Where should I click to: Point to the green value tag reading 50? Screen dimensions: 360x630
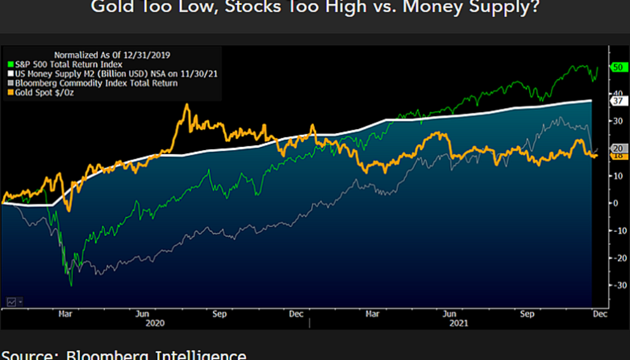click(618, 68)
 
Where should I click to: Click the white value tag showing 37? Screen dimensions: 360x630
click(618, 101)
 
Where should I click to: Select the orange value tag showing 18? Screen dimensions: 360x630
click(618, 155)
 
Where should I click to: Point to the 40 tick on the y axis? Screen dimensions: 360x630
click(616, 94)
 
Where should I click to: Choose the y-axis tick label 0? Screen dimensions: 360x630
click(615, 203)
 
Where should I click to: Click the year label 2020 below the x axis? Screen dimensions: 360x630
click(156, 323)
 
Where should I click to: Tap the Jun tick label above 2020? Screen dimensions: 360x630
click(143, 313)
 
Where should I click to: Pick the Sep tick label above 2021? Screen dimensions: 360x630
click(527, 313)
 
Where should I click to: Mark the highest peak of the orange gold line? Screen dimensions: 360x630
click(187, 105)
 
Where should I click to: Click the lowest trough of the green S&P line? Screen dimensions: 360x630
click(71, 285)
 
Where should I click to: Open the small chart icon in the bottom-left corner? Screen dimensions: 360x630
click(11, 301)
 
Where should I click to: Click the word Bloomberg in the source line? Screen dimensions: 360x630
click(106, 355)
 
